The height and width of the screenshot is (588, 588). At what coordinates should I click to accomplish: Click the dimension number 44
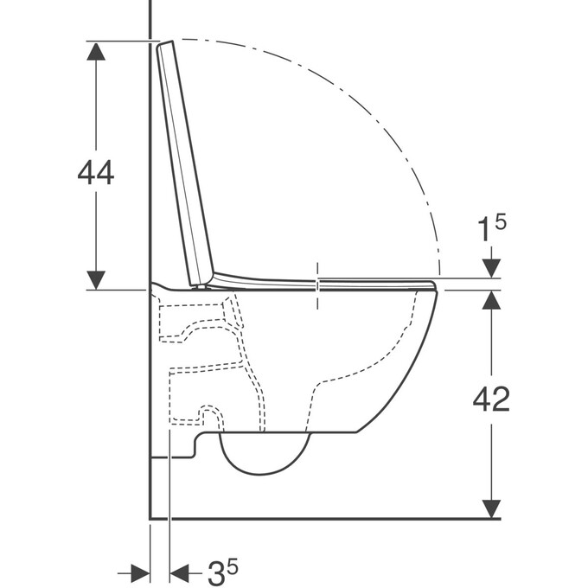point(96,172)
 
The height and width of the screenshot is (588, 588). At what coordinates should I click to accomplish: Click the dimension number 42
point(491,399)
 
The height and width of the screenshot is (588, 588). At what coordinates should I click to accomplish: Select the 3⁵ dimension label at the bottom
point(223,572)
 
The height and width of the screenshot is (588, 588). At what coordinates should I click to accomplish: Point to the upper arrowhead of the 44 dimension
point(96,51)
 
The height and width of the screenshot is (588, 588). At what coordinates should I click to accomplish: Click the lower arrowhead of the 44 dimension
point(96,280)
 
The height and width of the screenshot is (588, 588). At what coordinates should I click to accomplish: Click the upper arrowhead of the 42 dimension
point(491,300)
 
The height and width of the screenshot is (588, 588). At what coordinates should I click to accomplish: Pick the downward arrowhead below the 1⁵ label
point(491,269)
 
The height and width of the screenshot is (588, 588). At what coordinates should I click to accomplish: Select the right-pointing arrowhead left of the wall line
point(141,573)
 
